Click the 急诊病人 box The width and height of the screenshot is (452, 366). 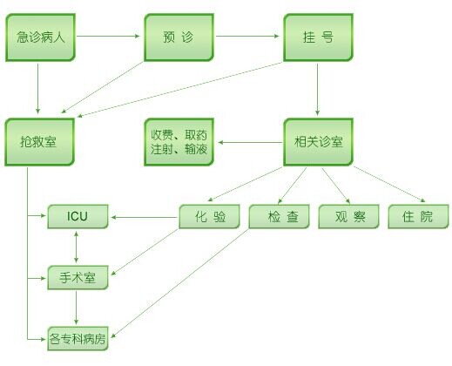point(40,37)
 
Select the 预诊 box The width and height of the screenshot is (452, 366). point(179,37)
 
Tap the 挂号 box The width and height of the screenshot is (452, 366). point(318,37)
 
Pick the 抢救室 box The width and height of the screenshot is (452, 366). point(40,142)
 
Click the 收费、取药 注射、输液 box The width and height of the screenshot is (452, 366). point(179,142)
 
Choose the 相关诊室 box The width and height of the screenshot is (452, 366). point(318,142)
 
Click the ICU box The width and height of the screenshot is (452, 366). point(78,216)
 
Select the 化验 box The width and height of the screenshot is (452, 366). point(209,216)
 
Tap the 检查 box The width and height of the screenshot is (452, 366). point(280,216)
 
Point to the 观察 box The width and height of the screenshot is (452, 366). point(348,216)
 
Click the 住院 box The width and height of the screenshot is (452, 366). point(418,216)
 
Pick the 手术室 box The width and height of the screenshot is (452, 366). point(78,277)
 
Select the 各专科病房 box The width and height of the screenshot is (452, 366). point(78,338)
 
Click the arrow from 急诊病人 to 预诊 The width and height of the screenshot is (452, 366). point(108,36)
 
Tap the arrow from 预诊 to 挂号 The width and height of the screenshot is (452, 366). point(247,36)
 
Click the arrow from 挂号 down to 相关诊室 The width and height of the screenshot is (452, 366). point(317,90)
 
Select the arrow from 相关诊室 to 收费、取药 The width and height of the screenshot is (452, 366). point(250,142)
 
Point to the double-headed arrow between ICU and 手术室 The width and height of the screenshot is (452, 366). point(76,247)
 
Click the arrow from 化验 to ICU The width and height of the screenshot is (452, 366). point(144,217)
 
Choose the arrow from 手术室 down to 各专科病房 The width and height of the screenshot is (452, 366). point(76,308)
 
